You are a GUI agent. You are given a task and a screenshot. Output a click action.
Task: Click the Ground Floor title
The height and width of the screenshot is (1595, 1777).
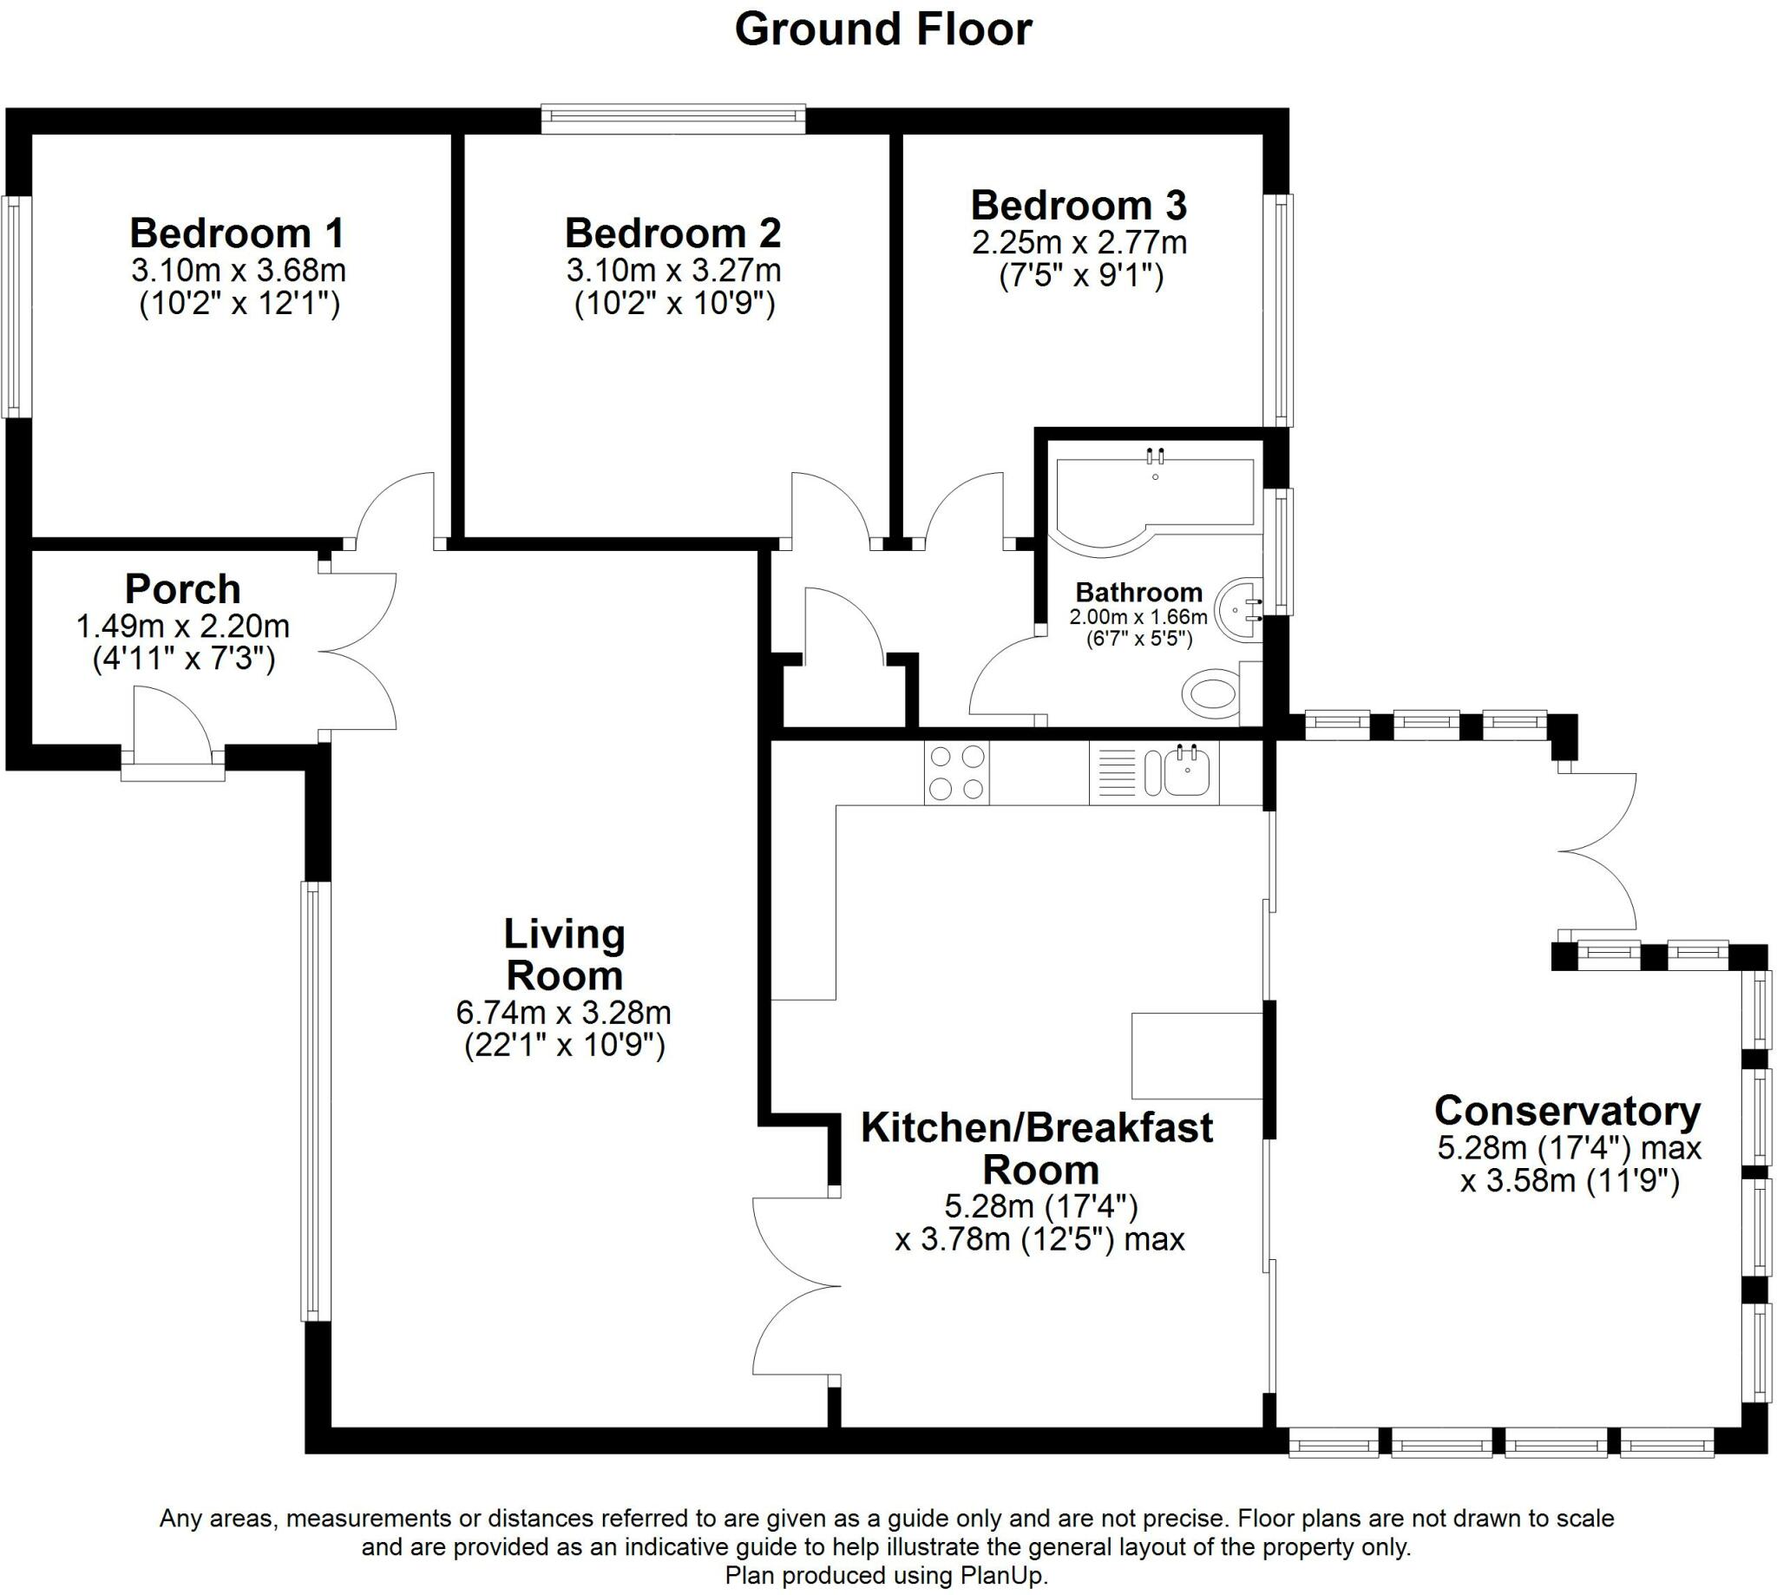pyautogui.click(x=883, y=30)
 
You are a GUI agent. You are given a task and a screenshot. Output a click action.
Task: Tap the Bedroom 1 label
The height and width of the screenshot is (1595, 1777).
pyautogui.click(x=237, y=233)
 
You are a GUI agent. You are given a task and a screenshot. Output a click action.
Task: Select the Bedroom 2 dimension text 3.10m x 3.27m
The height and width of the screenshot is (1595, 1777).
pyautogui.click(x=674, y=270)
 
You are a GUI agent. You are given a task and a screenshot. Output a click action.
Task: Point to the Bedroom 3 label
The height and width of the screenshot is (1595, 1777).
pyautogui.click(x=1079, y=205)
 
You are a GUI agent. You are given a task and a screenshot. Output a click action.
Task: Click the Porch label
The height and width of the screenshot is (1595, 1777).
pyautogui.click(x=182, y=589)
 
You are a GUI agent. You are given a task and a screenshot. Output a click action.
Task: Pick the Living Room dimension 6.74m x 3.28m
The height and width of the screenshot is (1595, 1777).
pyautogui.click(x=563, y=1012)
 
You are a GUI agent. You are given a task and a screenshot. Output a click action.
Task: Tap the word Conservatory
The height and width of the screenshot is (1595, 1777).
pyautogui.click(x=1568, y=1111)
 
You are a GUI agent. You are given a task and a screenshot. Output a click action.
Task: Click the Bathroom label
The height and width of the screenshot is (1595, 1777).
pyautogui.click(x=1139, y=592)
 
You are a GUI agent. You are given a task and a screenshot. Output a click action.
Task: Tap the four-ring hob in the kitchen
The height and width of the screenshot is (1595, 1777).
pyautogui.click(x=956, y=772)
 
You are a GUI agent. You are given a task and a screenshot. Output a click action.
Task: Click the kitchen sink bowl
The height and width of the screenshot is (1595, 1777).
pyautogui.click(x=1189, y=772)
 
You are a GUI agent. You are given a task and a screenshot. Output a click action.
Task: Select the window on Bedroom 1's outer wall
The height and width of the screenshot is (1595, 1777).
pyautogui.click(x=16, y=305)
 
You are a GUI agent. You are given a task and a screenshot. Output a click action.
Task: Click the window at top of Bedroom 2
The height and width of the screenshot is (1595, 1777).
pyautogui.click(x=673, y=119)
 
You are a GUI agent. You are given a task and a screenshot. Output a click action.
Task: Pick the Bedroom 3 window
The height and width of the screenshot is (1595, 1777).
pyautogui.click(x=1278, y=311)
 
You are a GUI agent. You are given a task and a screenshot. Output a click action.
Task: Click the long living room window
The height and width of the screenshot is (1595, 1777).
pyautogui.click(x=316, y=1100)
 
